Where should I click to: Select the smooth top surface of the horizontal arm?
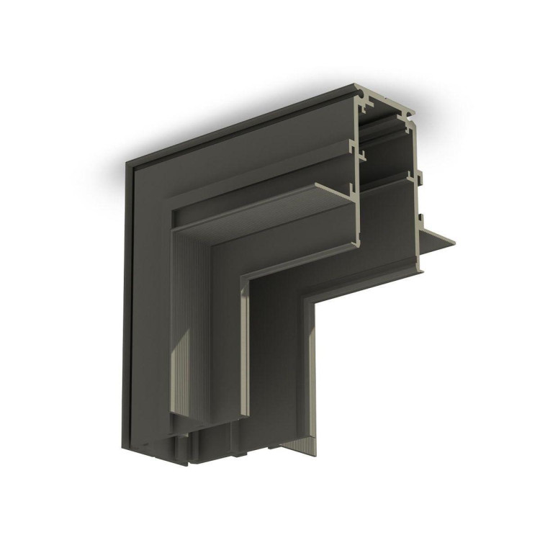(238, 130)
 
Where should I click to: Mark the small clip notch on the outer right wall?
(416, 173)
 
